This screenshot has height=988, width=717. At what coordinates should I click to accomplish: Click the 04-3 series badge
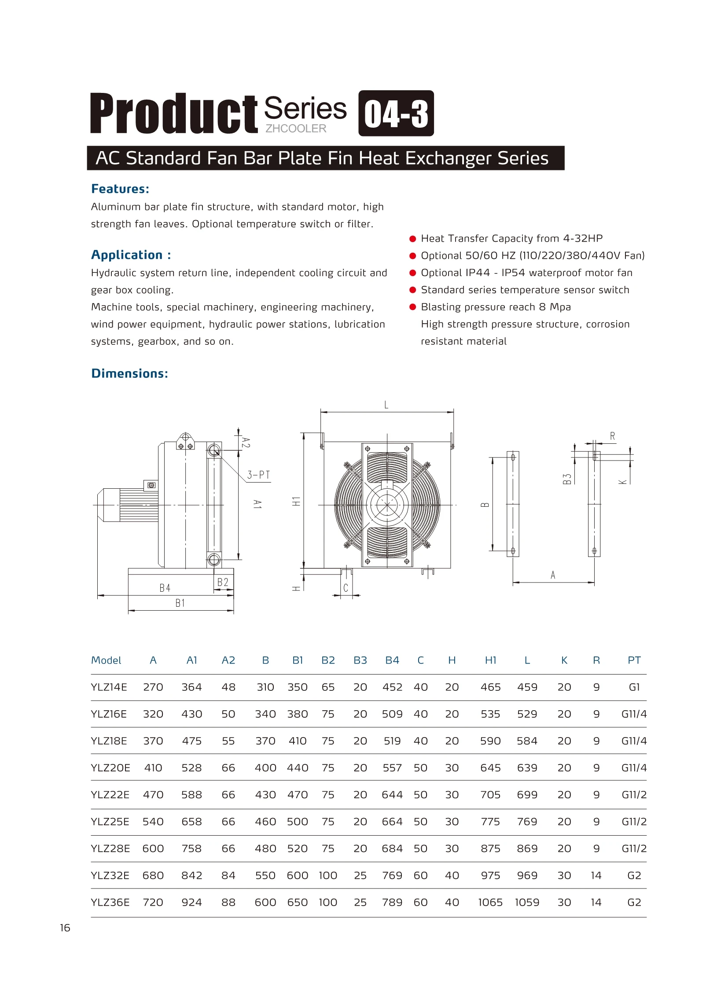[396, 113]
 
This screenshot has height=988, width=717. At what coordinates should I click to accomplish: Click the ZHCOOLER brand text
[296, 129]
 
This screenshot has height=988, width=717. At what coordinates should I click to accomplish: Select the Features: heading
[120, 189]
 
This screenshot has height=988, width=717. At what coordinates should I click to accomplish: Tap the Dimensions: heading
[129, 373]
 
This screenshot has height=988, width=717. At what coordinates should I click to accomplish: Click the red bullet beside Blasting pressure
[412, 307]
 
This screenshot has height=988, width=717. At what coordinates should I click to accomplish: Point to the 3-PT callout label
[258, 475]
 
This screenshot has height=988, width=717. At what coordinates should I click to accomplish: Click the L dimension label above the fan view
[386, 405]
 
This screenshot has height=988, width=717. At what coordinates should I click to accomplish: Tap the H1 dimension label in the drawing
[296, 501]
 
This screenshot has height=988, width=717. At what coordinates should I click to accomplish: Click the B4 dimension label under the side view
[165, 588]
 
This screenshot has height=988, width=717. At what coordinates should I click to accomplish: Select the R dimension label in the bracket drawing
[612, 436]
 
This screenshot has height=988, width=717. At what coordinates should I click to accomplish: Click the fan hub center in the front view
[387, 505]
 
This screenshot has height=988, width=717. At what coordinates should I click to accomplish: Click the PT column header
[634, 660]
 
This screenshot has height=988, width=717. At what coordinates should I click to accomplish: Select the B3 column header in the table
[360, 660]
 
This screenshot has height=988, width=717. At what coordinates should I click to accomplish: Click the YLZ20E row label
[110, 768]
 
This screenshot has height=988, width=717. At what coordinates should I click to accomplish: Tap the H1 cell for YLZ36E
[490, 902]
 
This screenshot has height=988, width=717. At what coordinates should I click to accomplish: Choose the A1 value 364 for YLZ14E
[191, 687]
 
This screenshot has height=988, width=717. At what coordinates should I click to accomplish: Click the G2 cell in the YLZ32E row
[634, 875]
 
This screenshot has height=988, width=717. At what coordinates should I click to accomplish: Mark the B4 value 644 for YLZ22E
[392, 795]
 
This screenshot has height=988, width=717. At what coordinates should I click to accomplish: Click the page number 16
[65, 928]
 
